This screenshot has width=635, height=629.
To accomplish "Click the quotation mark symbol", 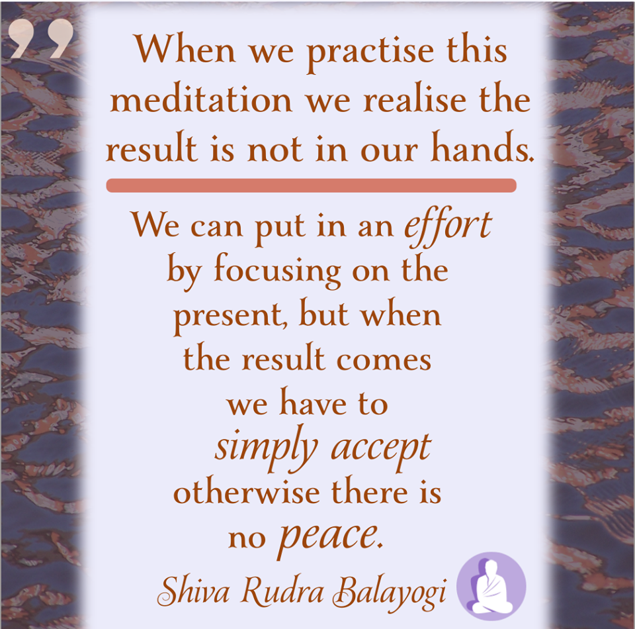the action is coord(41,38).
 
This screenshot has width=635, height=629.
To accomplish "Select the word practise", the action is coord(370,53).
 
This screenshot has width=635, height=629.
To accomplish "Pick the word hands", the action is coord(482,147).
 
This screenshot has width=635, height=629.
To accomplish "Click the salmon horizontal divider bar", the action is coord(311,185).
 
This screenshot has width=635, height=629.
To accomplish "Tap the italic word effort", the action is coord(448,228).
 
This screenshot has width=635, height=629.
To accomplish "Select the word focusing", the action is coord(277,271).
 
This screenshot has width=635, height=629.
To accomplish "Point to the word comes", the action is coord(384,360).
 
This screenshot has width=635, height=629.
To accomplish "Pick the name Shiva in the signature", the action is coord(194,591).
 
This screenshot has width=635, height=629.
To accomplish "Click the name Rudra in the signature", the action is coord(282,591).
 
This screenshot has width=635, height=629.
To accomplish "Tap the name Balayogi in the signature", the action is coord(390,593).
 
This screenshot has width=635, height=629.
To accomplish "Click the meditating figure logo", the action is coord(491,586).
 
